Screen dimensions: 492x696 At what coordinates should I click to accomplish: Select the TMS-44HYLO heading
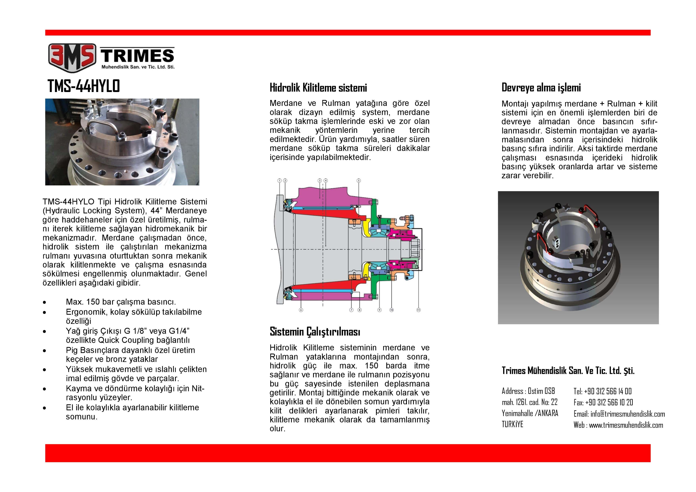click(x=84, y=86)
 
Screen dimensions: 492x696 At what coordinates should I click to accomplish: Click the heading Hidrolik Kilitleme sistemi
click(x=318, y=88)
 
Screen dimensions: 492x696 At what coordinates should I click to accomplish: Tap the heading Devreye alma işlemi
click(x=541, y=88)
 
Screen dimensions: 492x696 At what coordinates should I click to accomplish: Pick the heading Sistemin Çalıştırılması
click(x=315, y=332)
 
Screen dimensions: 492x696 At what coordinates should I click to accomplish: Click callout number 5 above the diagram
click(x=359, y=181)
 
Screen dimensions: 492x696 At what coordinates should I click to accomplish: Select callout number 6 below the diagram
click(x=301, y=310)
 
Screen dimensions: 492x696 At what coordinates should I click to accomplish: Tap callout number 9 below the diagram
click(x=379, y=310)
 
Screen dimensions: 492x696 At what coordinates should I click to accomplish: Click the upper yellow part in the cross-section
click(x=366, y=227)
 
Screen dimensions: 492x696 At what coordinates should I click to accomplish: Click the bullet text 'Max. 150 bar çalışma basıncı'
click(x=121, y=302)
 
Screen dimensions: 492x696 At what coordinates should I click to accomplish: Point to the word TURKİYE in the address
click(x=512, y=424)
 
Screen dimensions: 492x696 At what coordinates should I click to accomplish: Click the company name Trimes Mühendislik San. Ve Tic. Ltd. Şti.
click(x=568, y=370)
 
